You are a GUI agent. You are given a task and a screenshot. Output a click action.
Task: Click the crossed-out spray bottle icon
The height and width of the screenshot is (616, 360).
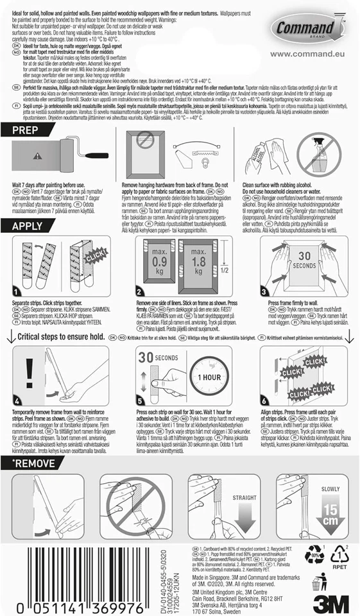point(322,158)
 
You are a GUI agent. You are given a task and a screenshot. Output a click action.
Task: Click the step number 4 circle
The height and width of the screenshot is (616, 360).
point(17,400)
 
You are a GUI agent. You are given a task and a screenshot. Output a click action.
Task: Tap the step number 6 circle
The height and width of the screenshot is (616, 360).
point(266,400)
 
